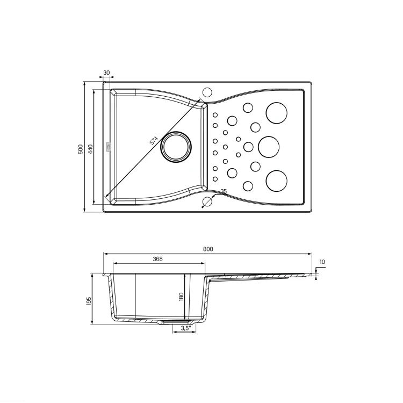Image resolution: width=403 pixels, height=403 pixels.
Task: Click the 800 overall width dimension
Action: pos(208,249)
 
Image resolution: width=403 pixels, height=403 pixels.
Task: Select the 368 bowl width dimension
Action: pos(157,259)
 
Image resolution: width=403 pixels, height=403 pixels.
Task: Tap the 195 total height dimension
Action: pos(89,301)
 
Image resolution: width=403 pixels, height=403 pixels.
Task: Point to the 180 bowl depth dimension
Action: pos(181,297)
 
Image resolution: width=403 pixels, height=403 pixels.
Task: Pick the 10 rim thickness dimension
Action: pos(322,262)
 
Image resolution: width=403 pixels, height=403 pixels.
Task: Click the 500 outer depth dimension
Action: pos(81,149)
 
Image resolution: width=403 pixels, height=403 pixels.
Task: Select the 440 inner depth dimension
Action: pos(90,149)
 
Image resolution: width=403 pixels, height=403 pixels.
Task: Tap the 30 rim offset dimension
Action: pos(106,73)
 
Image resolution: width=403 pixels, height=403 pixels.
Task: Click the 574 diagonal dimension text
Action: pos(154,140)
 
